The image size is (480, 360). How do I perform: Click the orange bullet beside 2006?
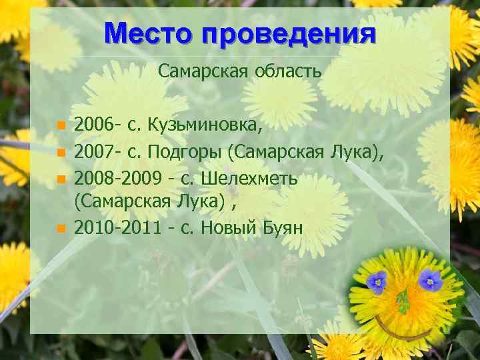61,125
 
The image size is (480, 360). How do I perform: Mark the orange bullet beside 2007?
61,153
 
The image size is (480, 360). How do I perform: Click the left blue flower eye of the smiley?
377,282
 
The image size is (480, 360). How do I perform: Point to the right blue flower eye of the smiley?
431,279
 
